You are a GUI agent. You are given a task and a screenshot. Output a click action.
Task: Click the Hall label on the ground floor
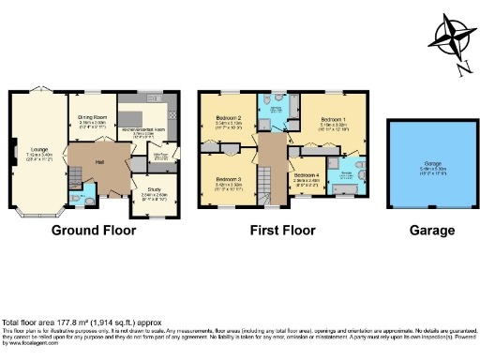(97, 162)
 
